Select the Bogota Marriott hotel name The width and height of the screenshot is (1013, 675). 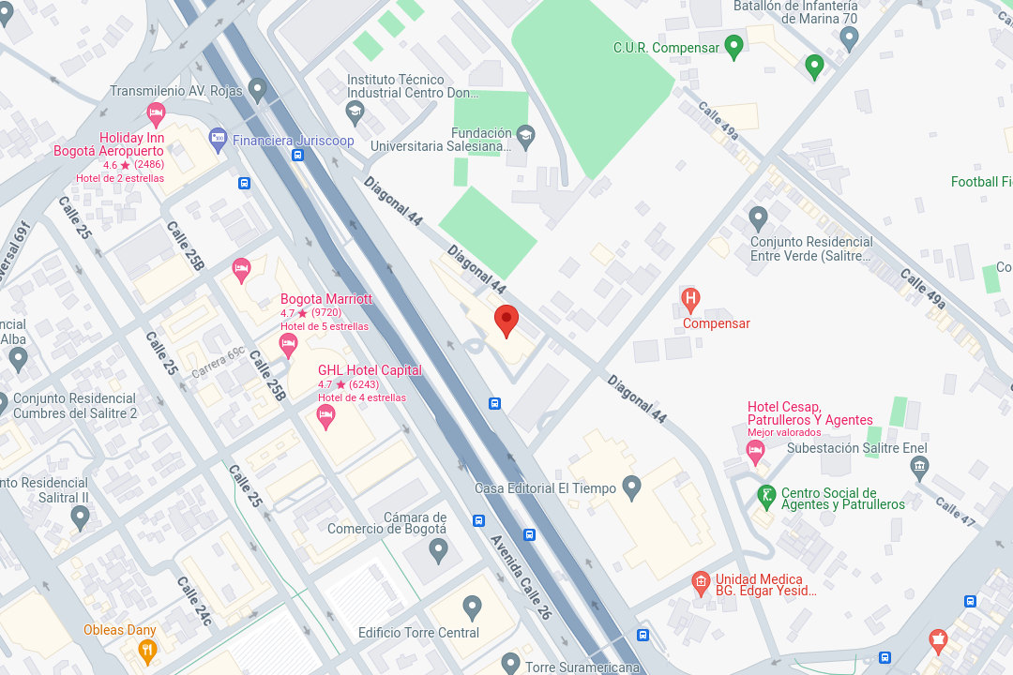(326, 299)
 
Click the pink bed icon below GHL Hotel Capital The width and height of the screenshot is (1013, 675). (326, 415)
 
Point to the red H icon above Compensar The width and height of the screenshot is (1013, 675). (691, 300)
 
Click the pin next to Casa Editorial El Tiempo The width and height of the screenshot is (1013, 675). (631, 487)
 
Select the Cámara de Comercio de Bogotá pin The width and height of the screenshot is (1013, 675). (438, 550)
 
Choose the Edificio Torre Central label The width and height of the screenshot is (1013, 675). (418, 633)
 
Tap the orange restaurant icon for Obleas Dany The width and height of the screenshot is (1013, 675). (147, 650)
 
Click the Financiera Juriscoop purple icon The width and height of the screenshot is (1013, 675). (218, 140)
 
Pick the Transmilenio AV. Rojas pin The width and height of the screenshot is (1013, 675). (257, 90)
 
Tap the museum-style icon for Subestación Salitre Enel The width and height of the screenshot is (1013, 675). (918, 466)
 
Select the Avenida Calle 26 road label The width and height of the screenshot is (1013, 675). (521, 577)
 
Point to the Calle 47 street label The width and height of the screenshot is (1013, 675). (955, 510)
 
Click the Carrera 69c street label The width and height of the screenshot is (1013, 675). (219, 362)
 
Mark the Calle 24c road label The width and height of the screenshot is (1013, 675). (194, 601)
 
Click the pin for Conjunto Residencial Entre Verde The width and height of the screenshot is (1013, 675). (759, 219)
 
